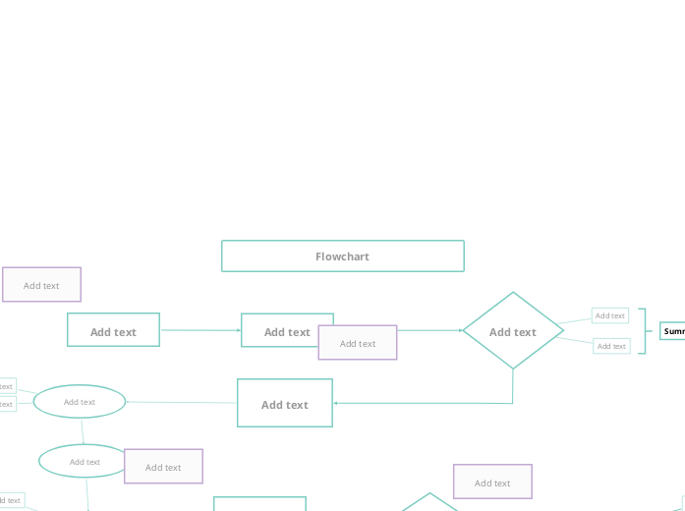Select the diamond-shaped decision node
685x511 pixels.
[x=513, y=331]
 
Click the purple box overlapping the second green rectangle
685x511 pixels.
[x=358, y=343]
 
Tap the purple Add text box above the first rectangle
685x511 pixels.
[x=41, y=285]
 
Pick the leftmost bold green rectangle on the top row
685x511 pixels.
[x=113, y=330]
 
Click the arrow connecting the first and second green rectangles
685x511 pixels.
[x=200, y=330]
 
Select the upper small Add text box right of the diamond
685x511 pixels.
[x=609, y=315]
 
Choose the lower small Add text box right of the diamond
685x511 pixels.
[x=611, y=346]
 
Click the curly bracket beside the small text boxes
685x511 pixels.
[x=643, y=331]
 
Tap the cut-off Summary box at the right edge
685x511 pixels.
[x=673, y=331]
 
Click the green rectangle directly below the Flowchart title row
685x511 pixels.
[x=285, y=403]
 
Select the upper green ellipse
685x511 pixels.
[x=80, y=401]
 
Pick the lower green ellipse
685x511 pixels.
[x=85, y=461]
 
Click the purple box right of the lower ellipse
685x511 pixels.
[x=163, y=467]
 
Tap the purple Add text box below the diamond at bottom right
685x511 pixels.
[x=492, y=482]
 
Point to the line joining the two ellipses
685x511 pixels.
[x=83, y=430]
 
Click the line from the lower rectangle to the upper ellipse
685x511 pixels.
[x=182, y=402]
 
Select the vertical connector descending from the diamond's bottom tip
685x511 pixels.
[x=513, y=386]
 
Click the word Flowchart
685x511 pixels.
[x=342, y=256]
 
